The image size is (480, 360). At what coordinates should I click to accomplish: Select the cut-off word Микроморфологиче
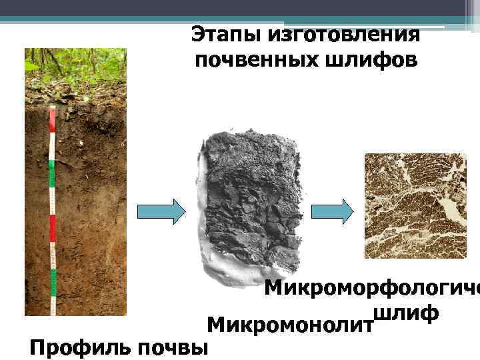tap(372, 289)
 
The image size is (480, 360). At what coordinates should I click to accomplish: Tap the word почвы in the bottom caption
tap(179, 347)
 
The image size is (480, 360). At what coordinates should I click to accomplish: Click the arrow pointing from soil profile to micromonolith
tap(162, 212)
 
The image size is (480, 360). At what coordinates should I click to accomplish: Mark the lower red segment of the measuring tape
tap(52, 228)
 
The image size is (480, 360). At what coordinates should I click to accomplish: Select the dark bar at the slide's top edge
tap(240, 7)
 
